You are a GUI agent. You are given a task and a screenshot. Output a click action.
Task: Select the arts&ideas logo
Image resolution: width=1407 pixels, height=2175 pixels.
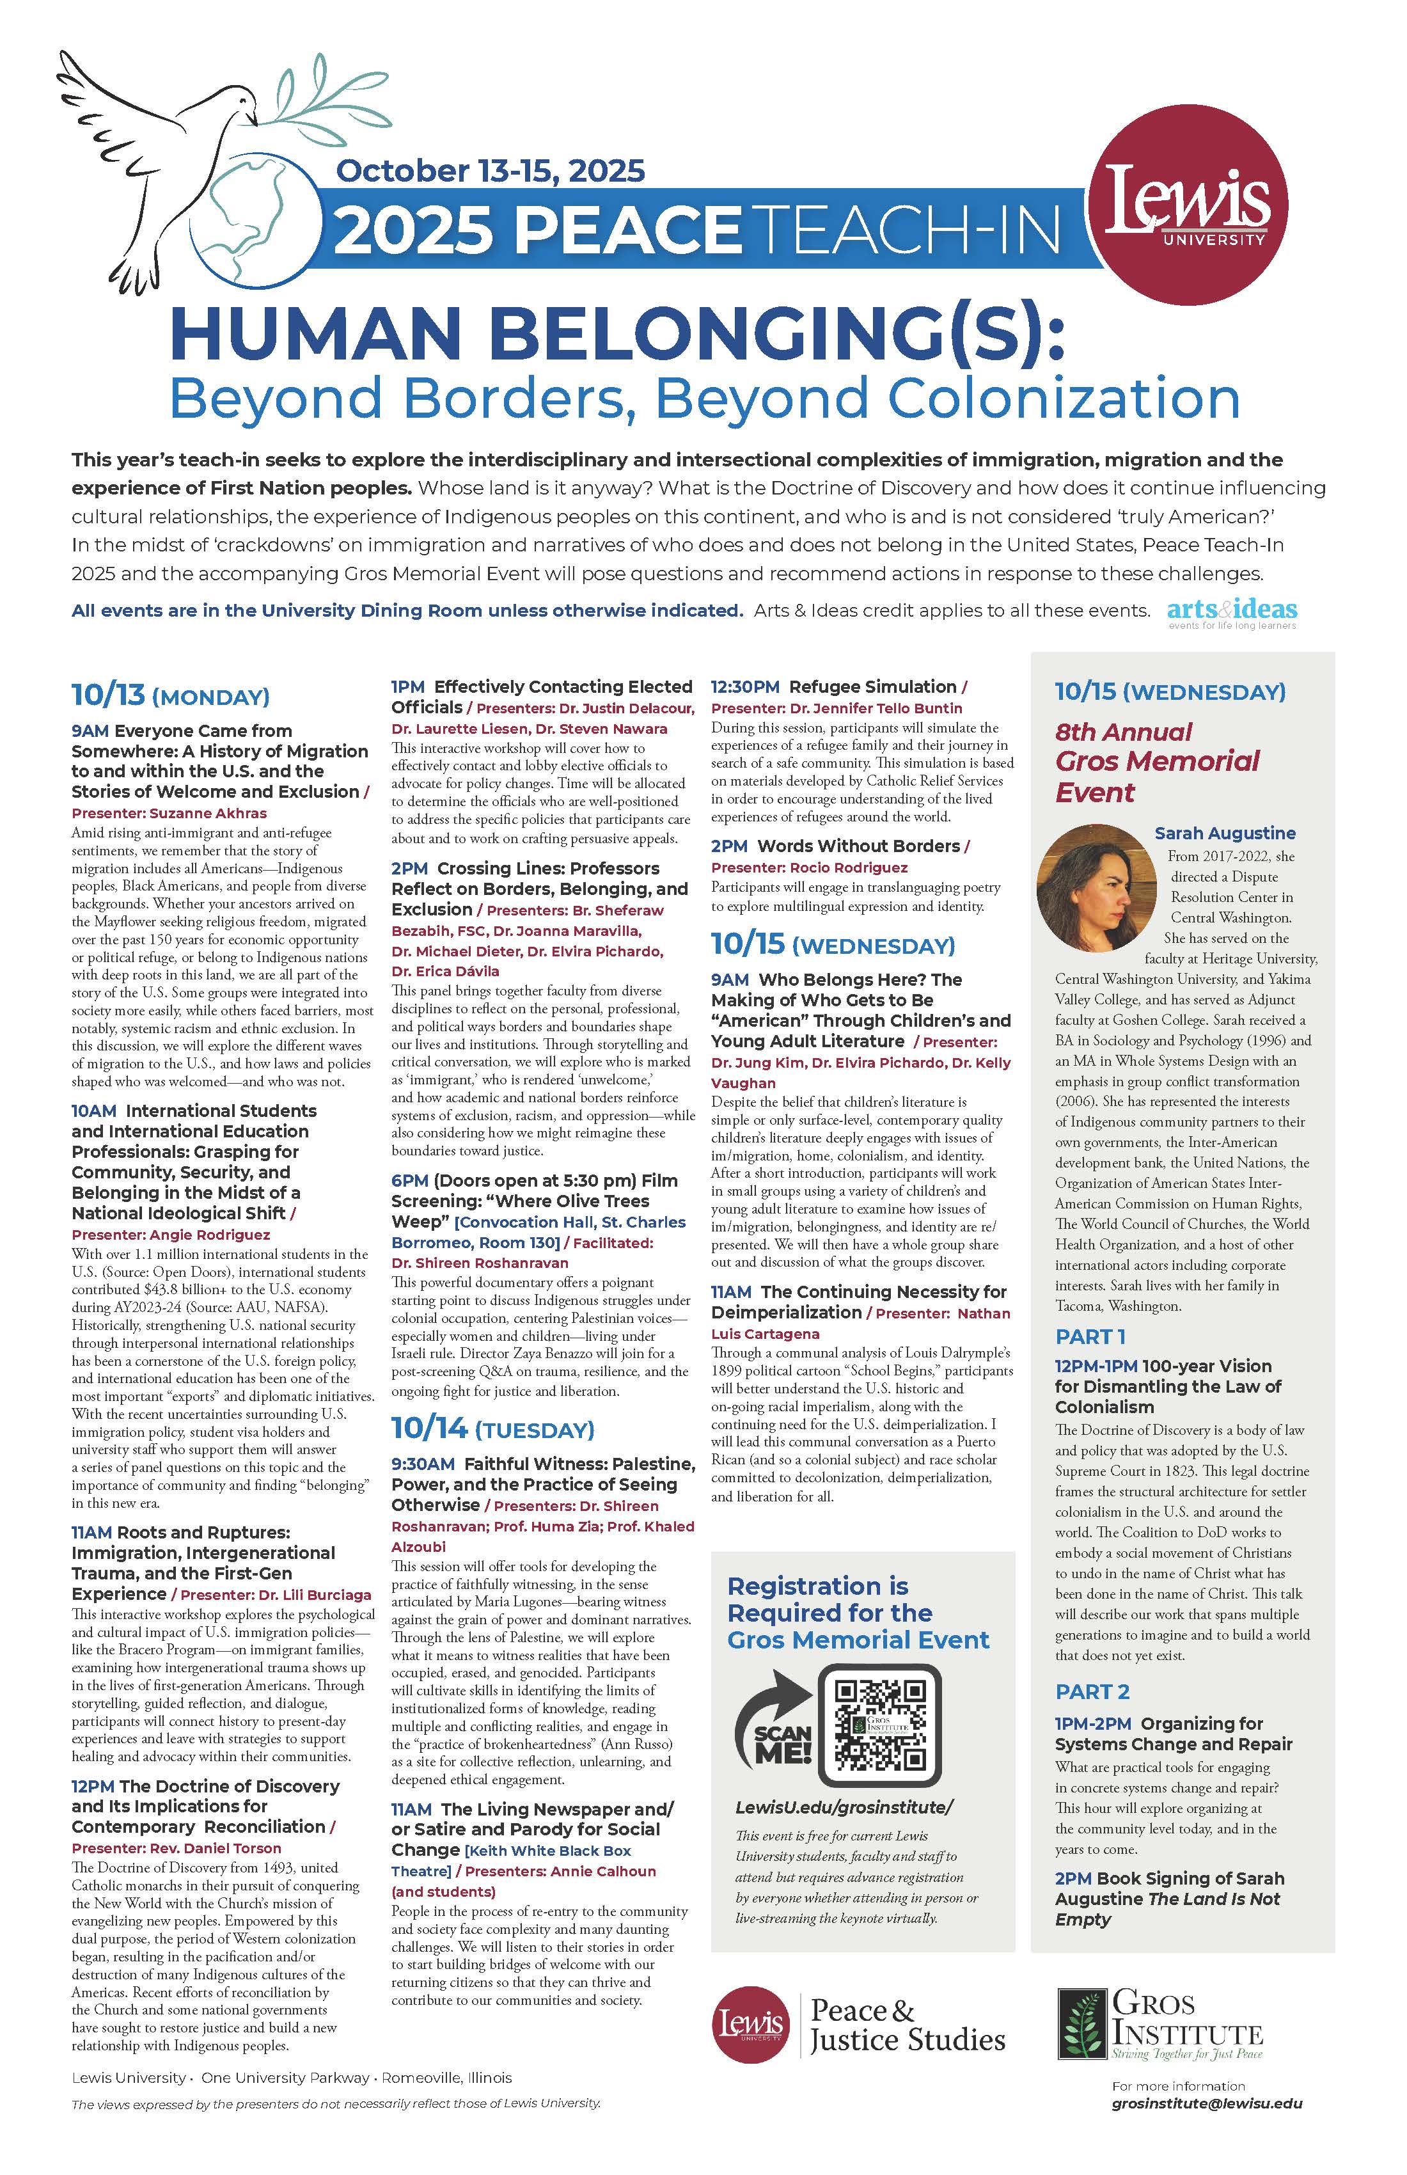tap(1232, 612)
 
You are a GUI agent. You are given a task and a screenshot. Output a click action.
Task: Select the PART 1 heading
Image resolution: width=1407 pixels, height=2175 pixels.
tap(1090, 1336)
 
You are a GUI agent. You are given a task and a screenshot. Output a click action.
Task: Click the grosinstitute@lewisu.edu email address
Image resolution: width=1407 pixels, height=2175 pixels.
tap(1207, 2128)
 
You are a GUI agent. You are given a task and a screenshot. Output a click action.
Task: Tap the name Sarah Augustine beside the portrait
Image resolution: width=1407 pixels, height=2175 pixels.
tap(1224, 832)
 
